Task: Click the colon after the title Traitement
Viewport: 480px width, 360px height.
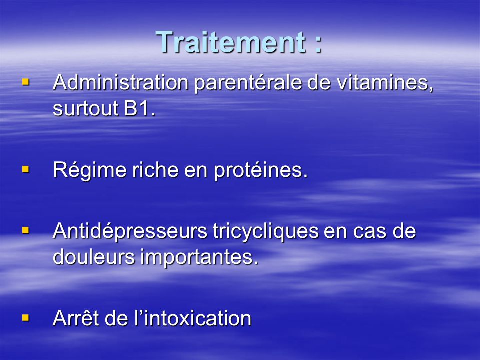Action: [318, 44]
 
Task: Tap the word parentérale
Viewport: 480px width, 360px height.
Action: [248, 83]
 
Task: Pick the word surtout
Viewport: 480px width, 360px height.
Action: [85, 108]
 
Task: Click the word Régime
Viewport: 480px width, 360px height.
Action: [90, 170]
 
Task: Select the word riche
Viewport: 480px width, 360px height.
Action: [155, 169]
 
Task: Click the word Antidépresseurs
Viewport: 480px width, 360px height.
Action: [130, 231]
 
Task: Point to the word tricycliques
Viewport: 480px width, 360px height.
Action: [265, 231]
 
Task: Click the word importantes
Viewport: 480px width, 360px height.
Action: [199, 257]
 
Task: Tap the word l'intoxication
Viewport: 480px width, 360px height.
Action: [193, 318]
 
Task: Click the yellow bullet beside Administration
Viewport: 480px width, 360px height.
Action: [26, 82]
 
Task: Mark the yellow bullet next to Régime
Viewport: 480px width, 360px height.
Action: [26, 169]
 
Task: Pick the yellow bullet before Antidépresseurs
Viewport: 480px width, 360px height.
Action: [26, 230]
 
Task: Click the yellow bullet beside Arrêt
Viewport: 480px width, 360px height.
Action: [26, 318]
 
